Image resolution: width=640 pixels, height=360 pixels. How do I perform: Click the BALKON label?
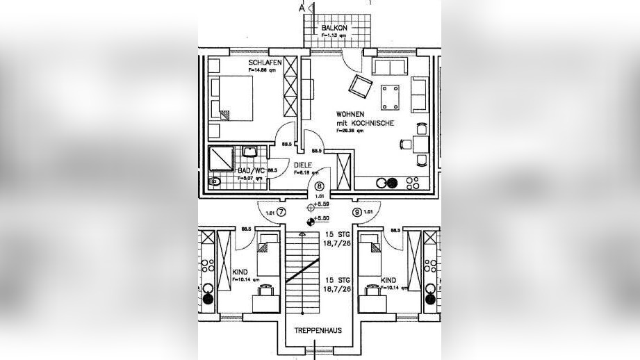coord(334,28)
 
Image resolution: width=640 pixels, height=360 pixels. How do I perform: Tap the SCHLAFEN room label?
coord(265,62)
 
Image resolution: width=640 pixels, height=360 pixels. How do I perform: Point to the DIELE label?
coord(302,165)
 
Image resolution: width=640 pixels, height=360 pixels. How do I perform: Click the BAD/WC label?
coord(249,170)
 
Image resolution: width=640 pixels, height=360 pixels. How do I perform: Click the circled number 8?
coord(320,186)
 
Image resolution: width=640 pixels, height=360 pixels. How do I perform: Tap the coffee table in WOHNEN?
coord(390,96)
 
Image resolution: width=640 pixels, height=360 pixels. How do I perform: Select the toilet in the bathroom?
coord(215,182)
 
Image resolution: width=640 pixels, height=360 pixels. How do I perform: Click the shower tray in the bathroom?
coord(221,158)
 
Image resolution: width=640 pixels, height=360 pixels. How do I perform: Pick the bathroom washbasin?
coord(249,152)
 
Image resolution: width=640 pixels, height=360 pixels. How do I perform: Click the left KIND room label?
coord(239,272)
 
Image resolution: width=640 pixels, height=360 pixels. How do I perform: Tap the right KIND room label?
coord(388,281)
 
